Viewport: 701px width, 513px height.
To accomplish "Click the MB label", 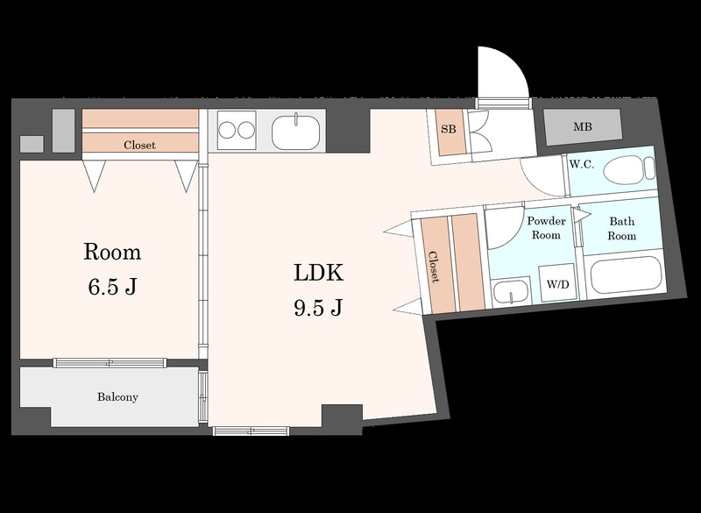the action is tap(583, 127).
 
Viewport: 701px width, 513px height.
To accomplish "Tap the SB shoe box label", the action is tap(449, 129).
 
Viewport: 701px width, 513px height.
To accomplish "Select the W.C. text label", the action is tap(582, 164).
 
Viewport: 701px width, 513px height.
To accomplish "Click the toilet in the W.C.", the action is tap(629, 169).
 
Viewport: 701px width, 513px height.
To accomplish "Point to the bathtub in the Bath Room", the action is tap(626, 274).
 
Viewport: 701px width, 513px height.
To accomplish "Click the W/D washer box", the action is tap(557, 283).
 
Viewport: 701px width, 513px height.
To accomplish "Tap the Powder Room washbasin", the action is tap(512, 292).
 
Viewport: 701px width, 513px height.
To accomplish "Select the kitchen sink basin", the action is tap(295, 132).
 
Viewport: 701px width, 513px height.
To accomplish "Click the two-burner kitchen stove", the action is tap(237, 130).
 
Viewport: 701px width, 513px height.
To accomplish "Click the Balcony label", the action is tap(117, 396).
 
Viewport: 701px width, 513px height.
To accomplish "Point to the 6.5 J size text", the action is tap(112, 287).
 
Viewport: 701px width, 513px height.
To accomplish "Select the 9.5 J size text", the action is tap(318, 307).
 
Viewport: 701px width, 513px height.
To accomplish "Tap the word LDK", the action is tap(318, 273).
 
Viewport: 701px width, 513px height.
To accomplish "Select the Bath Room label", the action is tap(622, 228).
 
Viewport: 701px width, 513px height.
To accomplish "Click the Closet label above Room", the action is tap(139, 145).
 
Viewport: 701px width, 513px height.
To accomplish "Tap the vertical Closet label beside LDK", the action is tap(434, 267).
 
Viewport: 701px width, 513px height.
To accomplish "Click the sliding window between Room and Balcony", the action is tap(110, 363).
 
